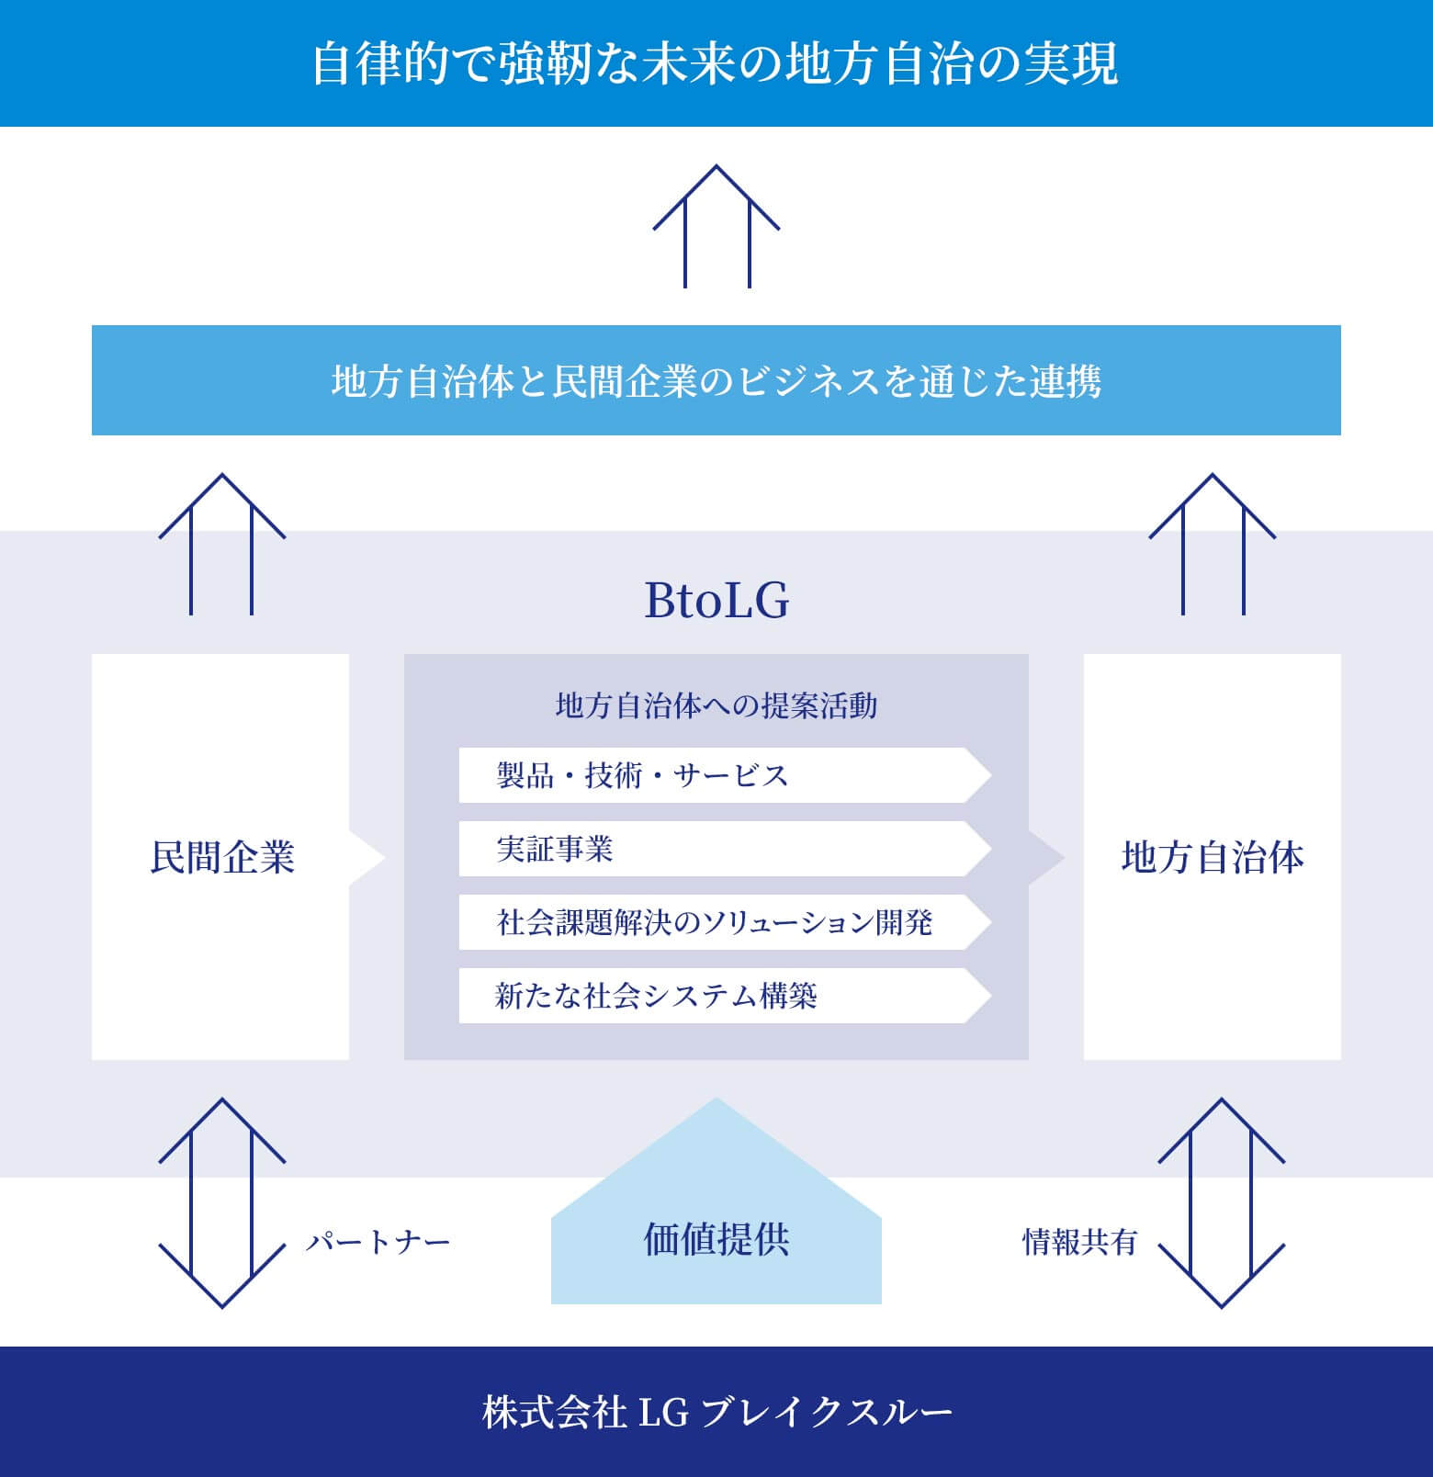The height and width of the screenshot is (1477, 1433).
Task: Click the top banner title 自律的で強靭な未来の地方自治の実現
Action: [x=715, y=64]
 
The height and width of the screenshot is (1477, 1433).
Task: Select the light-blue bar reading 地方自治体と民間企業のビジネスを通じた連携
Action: [x=716, y=380]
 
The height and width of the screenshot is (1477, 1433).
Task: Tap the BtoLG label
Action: [x=716, y=601]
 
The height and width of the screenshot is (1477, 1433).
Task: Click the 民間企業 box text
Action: [x=221, y=857]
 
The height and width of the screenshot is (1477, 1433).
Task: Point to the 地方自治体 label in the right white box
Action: [x=1212, y=857]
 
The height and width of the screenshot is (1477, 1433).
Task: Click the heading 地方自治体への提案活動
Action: [x=716, y=705]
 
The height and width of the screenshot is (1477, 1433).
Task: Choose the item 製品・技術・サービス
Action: [x=642, y=776]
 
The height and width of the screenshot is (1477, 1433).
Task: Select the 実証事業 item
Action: [x=555, y=850]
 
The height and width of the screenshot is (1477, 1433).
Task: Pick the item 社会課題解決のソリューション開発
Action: [x=714, y=922]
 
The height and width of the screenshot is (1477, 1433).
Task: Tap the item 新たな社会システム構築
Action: [x=656, y=996]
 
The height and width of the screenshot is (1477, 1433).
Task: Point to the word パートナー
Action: [x=378, y=1243]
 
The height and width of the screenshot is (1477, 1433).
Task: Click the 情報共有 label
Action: [x=1079, y=1242]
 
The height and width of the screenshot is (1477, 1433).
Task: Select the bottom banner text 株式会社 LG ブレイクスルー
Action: [x=716, y=1413]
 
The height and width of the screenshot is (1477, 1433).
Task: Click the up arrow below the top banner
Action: [x=716, y=225]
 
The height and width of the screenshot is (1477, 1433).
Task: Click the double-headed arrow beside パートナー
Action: [x=221, y=1202]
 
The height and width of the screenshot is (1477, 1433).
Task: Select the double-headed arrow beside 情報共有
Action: [x=1221, y=1202]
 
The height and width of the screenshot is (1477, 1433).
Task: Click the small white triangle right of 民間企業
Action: [x=366, y=858]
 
